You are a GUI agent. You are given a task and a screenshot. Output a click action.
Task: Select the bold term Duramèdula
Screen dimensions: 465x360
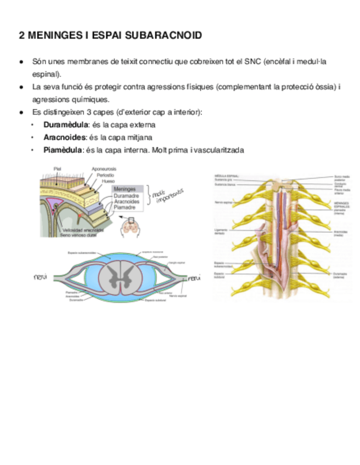pyautogui.click(x=65, y=124)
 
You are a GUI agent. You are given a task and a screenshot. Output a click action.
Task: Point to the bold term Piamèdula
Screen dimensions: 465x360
pyautogui.click(x=63, y=150)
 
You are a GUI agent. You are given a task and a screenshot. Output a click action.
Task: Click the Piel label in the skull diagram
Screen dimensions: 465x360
pyautogui.click(x=57, y=168)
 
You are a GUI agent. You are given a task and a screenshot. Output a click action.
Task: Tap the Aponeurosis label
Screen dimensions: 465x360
pyautogui.click(x=104, y=168)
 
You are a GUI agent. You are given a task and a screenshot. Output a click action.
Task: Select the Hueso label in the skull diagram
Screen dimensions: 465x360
pyautogui.click(x=108, y=180)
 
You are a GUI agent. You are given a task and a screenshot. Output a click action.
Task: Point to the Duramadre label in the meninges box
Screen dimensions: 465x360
pyautogui.click(x=127, y=196)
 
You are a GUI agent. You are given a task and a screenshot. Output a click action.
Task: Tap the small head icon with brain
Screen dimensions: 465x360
pyautogui.click(x=130, y=226)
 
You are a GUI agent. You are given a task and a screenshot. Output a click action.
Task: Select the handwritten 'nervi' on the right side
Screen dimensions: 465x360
pyautogui.click(x=194, y=279)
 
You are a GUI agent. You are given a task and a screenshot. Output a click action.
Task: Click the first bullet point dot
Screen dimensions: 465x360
pyautogui.click(x=21, y=62)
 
